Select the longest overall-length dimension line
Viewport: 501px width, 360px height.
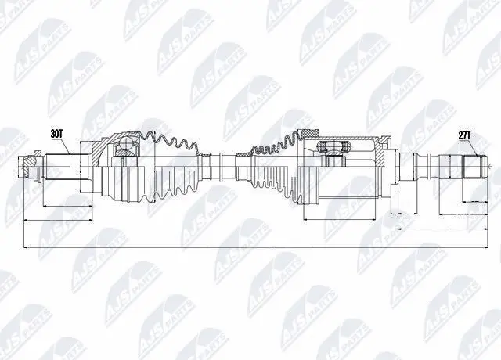click(x=250, y=250)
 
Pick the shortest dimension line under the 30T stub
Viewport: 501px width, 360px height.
click(x=63, y=206)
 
